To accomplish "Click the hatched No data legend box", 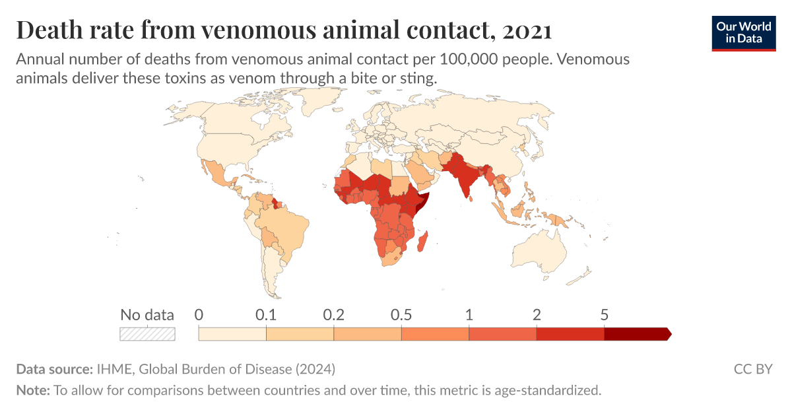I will coord(147,333).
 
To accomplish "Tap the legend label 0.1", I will coord(266,314).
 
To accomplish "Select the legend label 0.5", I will coord(401,314).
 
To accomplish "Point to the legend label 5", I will coord(604,314).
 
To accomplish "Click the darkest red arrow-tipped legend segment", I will coord(637,333).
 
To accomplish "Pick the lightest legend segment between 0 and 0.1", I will coord(232,333).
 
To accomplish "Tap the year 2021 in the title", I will coord(525,30).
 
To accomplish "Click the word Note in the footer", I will coord(32,390).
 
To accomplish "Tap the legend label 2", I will coord(537,314).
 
